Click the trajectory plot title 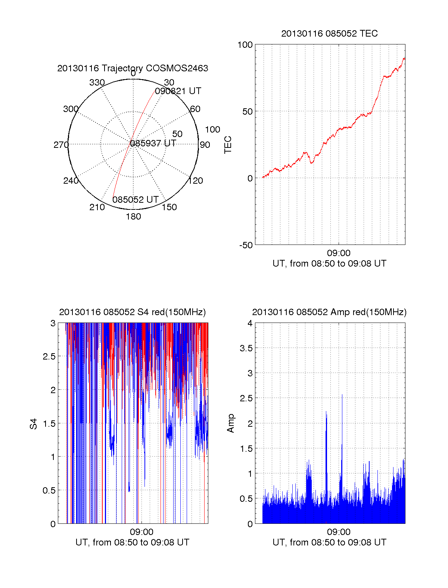point(133,68)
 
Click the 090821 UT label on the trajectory point(178,91)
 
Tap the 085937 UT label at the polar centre point(153,143)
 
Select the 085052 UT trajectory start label point(136,200)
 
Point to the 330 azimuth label point(97,83)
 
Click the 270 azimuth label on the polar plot point(61,145)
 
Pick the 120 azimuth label point(196,181)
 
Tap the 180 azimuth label point(133,217)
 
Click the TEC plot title point(329,34)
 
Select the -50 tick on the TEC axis point(246,245)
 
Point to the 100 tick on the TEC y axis point(245,45)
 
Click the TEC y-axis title point(228,145)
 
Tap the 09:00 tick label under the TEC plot point(339,253)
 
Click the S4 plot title point(133,312)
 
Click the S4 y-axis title point(34,424)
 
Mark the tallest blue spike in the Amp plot point(342,395)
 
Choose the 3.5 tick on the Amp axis point(246,348)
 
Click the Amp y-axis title point(231,423)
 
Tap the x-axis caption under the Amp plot point(329,542)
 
